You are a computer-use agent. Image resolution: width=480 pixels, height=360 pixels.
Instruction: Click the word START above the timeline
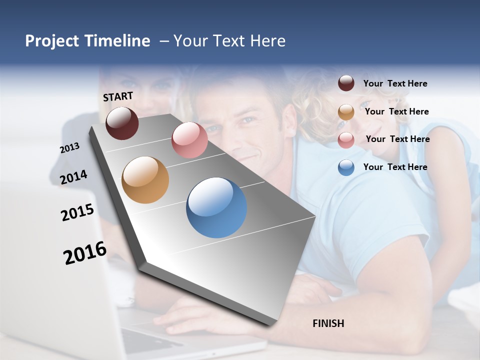118,96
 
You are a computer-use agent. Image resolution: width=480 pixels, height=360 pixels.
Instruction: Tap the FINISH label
328,323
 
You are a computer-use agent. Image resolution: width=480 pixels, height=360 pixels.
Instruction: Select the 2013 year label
69,148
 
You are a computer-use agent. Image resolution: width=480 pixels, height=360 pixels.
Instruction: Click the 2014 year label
73,177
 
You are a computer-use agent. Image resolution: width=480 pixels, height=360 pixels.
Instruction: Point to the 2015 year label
77,212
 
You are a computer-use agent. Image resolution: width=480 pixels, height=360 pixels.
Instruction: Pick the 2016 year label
85,253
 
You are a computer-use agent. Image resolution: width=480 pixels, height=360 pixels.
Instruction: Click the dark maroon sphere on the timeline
122,123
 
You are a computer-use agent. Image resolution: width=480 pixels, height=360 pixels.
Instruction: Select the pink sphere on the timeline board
189,140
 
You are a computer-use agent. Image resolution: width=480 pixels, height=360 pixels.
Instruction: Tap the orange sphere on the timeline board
145,180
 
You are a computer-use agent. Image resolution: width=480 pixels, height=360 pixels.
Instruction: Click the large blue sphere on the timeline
216,207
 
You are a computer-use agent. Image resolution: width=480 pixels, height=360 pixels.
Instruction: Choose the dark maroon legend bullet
346,83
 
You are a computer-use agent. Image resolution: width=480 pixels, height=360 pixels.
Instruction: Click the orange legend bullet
346,112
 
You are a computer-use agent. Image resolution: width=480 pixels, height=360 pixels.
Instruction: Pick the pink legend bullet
346,140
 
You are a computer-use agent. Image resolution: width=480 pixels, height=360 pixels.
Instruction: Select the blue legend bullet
346,167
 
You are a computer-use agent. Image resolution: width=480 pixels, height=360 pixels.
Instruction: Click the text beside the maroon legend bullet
395,84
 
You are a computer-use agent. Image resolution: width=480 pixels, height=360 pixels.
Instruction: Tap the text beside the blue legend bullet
395,167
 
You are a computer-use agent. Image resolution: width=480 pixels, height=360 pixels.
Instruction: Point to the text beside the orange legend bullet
397,111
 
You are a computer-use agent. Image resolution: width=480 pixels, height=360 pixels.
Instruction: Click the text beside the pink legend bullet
398,139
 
